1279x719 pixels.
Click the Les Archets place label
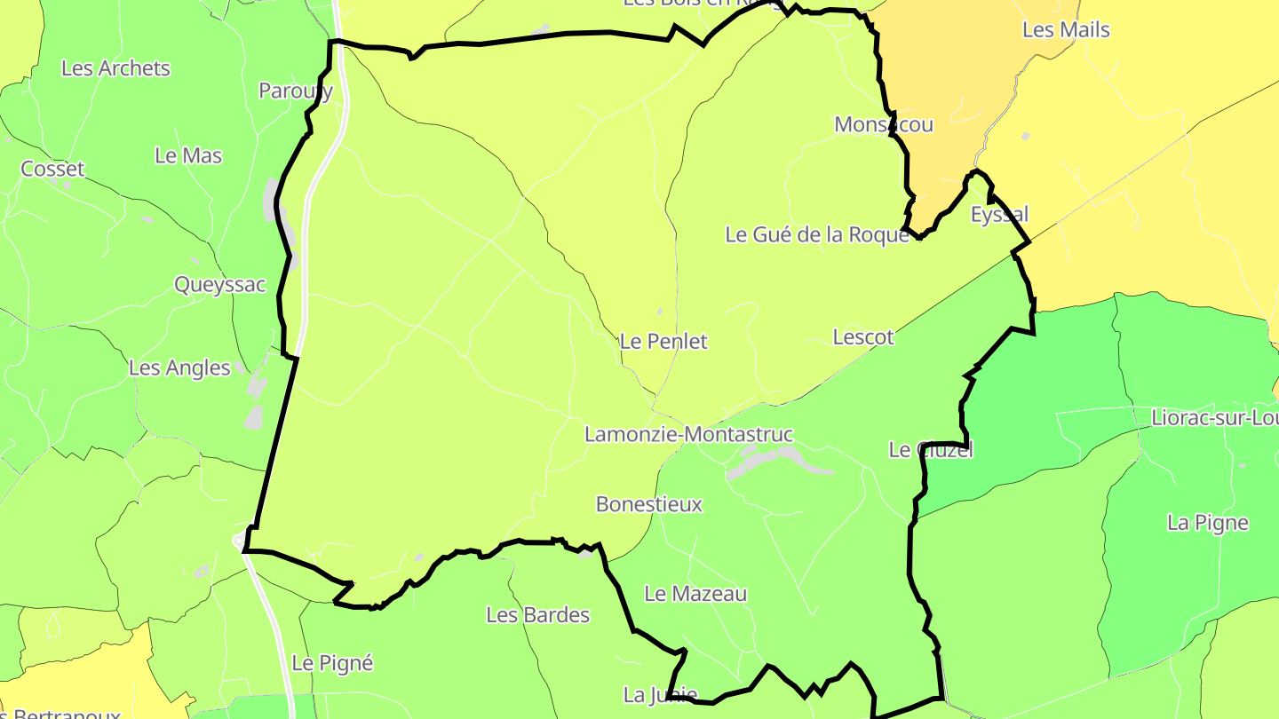(x=115, y=68)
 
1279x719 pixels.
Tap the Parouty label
(x=296, y=91)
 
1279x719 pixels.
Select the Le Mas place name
(x=188, y=155)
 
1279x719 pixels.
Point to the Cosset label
(x=52, y=169)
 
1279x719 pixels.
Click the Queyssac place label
(x=219, y=285)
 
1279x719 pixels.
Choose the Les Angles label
(x=179, y=367)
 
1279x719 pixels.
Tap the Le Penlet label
(x=663, y=342)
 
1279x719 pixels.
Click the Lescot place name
(x=863, y=337)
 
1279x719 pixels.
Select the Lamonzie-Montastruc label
(x=688, y=435)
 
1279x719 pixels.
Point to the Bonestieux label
(x=649, y=505)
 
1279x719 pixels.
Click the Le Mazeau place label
(x=695, y=594)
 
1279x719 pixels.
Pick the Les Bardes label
(x=537, y=615)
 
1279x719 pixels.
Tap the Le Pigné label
(x=332, y=663)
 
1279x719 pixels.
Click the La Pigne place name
(x=1208, y=523)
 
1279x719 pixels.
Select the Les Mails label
(x=1066, y=30)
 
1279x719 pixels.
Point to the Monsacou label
(x=884, y=124)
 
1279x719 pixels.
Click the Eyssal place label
(x=999, y=215)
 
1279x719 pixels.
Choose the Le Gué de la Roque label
(x=817, y=235)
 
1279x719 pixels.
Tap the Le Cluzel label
(x=931, y=450)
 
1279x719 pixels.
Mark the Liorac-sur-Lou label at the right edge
(x=1214, y=418)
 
